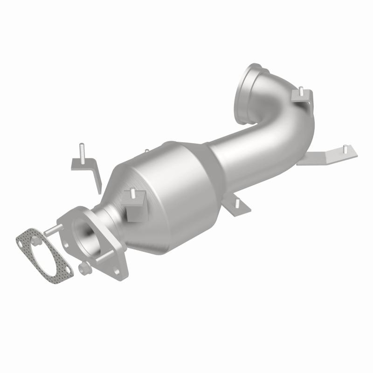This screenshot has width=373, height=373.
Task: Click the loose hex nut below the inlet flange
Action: point(84,268)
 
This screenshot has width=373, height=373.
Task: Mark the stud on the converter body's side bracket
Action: point(133,193)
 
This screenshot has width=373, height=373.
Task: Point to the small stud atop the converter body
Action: point(146,152)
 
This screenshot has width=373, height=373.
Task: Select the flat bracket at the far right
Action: point(326,157)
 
